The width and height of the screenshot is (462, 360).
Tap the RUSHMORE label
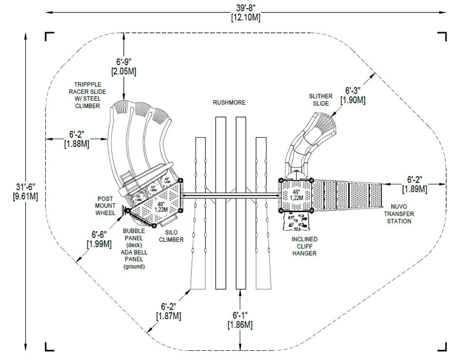[229, 102]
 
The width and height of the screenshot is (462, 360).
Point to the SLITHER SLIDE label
[320, 100]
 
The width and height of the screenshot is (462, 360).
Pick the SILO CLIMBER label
[171, 236]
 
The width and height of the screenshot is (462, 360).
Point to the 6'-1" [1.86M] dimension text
[240, 319]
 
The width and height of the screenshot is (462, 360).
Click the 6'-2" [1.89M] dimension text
[416, 184]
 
